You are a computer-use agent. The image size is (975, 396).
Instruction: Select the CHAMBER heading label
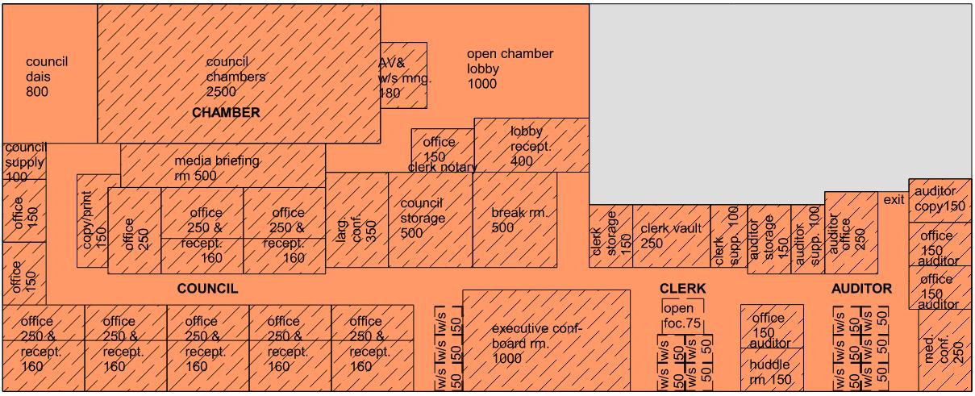click(226, 113)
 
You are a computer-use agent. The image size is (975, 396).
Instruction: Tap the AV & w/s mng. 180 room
click(403, 75)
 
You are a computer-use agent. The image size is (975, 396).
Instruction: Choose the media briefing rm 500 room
click(223, 167)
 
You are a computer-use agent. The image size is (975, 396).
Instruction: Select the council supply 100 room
click(24, 162)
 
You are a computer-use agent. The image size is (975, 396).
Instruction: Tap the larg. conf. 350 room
click(356, 219)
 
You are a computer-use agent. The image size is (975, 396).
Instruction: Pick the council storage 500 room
click(430, 219)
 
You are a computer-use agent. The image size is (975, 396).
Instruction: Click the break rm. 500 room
click(515, 219)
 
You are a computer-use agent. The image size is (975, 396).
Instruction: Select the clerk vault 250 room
click(669, 236)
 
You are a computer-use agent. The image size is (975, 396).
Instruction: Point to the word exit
click(894, 200)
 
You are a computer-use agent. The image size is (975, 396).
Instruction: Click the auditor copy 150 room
click(941, 199)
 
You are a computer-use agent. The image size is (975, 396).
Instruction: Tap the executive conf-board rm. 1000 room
click(545, 340)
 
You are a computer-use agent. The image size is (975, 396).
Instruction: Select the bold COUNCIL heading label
click(207, 289)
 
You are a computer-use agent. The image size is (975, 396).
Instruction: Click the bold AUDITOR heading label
click(861, 289)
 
